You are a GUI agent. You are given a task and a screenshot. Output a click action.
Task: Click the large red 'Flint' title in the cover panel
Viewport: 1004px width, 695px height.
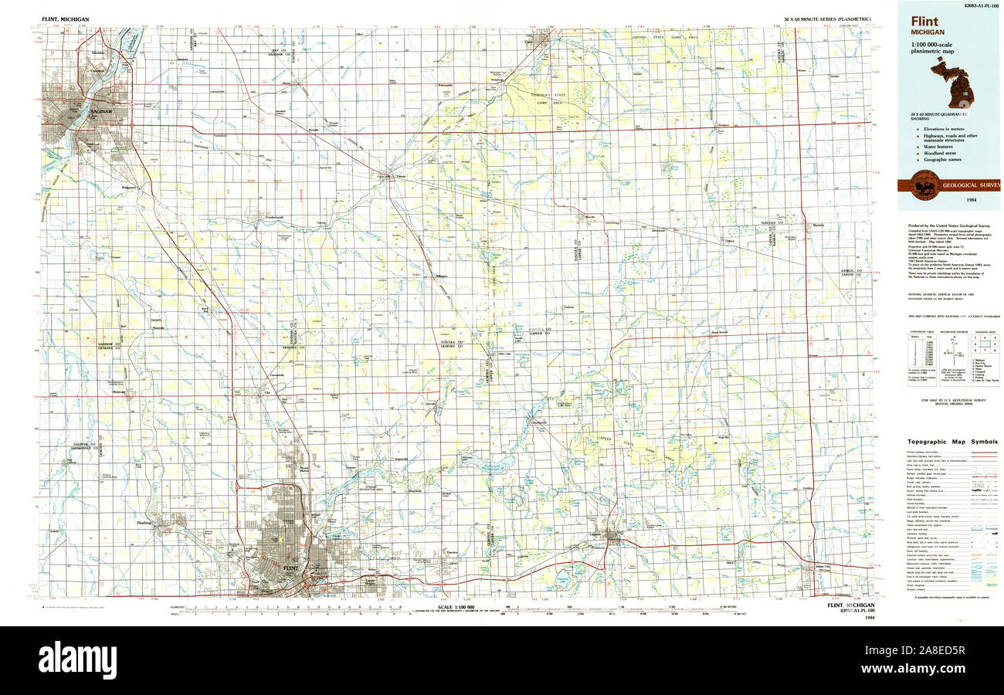[924, 22]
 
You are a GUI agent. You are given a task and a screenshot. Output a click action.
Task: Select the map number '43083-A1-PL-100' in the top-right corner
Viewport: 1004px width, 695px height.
[975, 5]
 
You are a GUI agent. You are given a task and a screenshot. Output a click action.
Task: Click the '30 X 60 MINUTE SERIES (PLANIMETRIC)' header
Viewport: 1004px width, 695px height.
[826, 18]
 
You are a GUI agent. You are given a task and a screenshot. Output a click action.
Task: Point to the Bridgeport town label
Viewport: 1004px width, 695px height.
[127, 186]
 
